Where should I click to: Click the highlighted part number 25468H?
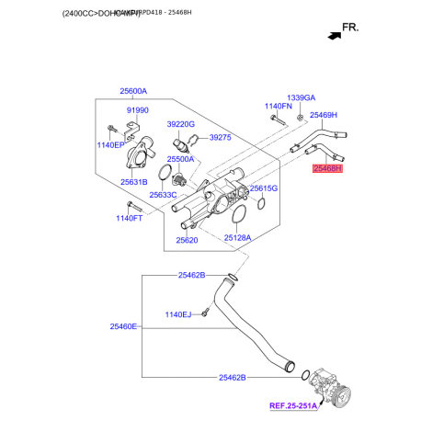tap(327, 169)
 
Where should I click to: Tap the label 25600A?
tap(132, 91)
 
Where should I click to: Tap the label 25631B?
tap(133, 183)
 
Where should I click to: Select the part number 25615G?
tap(264, 188)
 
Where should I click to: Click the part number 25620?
tap(187, 240)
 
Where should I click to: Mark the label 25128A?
tap(244, 237)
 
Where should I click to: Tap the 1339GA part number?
tap(301, 97)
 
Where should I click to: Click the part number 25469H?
tap(324, 115)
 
